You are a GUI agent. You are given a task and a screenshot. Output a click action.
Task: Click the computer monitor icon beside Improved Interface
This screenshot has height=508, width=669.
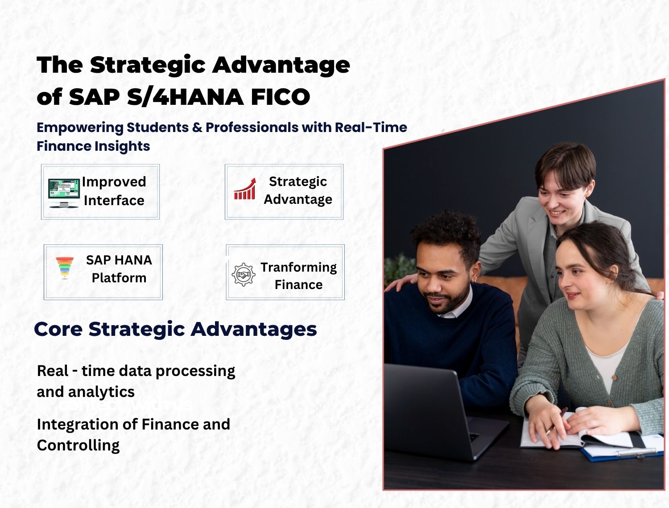tap(63, 193)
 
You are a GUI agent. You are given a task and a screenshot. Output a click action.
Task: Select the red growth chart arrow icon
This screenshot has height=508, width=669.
tap(245, 189)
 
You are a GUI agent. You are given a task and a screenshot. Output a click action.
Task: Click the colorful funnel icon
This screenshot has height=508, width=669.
tap(65, 267)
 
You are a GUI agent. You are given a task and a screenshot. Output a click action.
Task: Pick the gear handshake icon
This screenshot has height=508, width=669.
tap(243, 275)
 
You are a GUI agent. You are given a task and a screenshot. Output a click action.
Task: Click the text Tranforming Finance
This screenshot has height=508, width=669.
tap(298, 276)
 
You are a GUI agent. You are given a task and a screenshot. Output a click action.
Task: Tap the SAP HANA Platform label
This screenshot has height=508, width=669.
tap(119, 269)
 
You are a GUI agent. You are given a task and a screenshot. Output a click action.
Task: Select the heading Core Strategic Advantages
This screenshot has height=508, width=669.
tap(175, 329)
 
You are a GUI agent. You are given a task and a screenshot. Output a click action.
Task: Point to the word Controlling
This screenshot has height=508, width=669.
tap(78, 445)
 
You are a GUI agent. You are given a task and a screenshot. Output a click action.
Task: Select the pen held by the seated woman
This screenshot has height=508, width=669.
tap(556, 421)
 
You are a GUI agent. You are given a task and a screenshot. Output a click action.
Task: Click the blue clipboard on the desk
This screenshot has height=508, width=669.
tap(624, 453)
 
